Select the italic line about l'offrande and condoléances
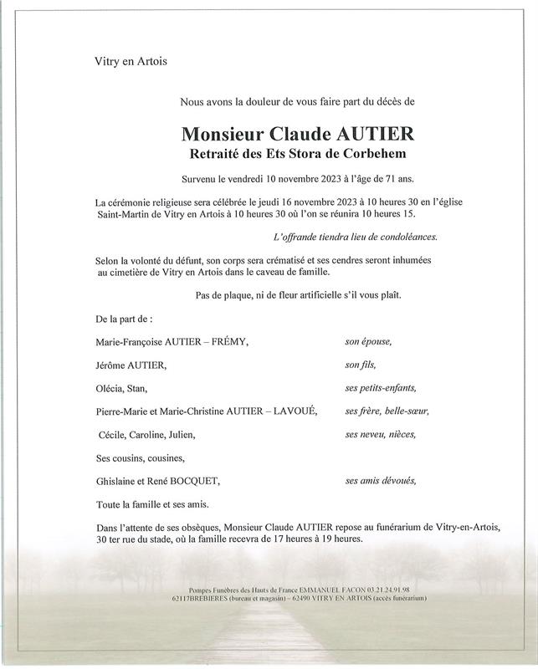point(367,237)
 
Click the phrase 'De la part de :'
point(125,319)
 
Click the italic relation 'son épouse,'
point(368,343)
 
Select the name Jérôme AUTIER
point(131,365)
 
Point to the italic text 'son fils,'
point(361,365)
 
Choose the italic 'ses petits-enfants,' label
point(380,388)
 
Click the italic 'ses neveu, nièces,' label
point(380,435)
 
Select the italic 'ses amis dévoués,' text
point(380,481)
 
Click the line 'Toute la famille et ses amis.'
point(152,504)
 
